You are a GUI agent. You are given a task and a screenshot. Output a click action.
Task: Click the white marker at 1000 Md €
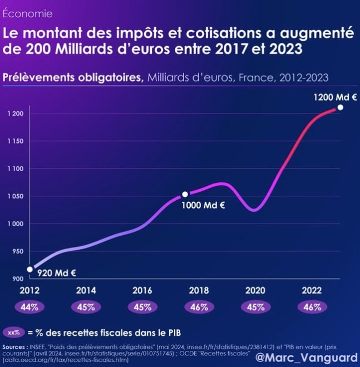tap(185, 195)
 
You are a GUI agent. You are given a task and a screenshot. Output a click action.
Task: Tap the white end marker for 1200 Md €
tap(340, 107)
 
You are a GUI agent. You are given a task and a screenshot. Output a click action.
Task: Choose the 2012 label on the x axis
tap(29, 290)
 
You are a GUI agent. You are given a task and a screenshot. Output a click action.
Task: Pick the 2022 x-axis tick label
tap(311, 290)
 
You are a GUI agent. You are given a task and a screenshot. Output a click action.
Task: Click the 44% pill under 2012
tap(29, 307)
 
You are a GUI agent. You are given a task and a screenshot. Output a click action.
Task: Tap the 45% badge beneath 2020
tap(255, 307)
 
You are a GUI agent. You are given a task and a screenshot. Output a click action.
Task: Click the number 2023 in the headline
tap(282, 48)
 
